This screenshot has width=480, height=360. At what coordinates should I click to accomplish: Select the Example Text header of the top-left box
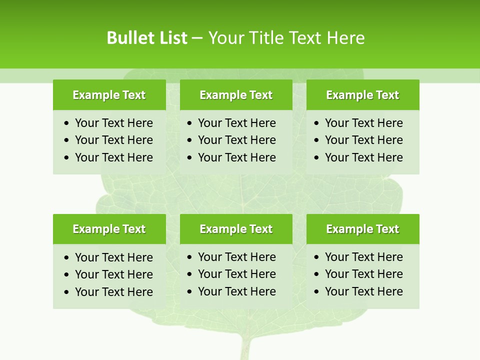[x=109, y=95]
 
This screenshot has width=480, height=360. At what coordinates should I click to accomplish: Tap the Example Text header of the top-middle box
[x=236, y=95]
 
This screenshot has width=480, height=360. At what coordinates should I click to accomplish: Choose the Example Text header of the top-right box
[x=362, y=95]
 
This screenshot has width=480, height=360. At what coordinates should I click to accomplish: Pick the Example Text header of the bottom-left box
[x=109, y=229]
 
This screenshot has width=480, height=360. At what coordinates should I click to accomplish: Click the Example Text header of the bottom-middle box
[x=236, y=229]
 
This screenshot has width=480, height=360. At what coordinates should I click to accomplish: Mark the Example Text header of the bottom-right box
[x=362, y=229]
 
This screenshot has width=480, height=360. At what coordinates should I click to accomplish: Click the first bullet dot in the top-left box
[x=67, y=123]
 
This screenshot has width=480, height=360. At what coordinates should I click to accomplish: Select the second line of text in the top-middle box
[x=236, y=140]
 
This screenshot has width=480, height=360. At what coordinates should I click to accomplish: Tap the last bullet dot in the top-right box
[x=316, y=158]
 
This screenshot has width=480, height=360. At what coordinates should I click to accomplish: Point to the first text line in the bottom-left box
[x=113, y=257]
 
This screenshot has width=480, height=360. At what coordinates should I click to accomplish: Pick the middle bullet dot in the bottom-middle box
[x=189, y=274]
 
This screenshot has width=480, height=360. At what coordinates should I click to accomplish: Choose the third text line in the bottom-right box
[x=363, y=291]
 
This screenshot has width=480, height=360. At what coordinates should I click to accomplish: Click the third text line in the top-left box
[x=113, y=157]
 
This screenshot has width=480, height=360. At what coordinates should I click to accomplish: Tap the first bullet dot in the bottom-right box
[x=316, y=257]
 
